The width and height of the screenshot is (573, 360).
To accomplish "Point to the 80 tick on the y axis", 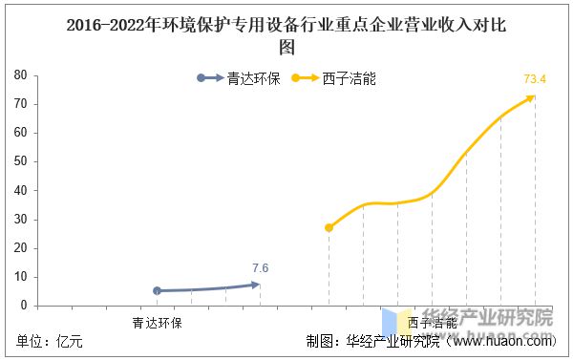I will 19,74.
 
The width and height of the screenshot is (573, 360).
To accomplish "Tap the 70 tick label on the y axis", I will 19,103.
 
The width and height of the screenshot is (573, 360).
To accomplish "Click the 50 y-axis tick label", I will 19,161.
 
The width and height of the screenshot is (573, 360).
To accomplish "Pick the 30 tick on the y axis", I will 19,220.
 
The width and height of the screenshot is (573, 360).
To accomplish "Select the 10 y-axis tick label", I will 19,277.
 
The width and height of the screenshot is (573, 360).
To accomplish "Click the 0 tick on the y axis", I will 22,306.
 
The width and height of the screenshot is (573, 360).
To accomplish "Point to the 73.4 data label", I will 535,78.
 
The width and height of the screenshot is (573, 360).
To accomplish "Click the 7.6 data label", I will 260,267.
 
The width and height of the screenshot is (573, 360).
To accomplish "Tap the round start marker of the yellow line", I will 329,227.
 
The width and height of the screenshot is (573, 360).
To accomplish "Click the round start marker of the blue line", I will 158,290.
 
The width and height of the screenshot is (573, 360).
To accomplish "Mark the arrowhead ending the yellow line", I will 532,97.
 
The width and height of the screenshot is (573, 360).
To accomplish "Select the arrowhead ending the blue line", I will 255,284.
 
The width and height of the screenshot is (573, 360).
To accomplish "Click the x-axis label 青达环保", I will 158,323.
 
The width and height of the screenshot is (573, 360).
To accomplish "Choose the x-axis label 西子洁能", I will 432,323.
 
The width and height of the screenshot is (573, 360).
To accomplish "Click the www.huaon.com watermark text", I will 505,342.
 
